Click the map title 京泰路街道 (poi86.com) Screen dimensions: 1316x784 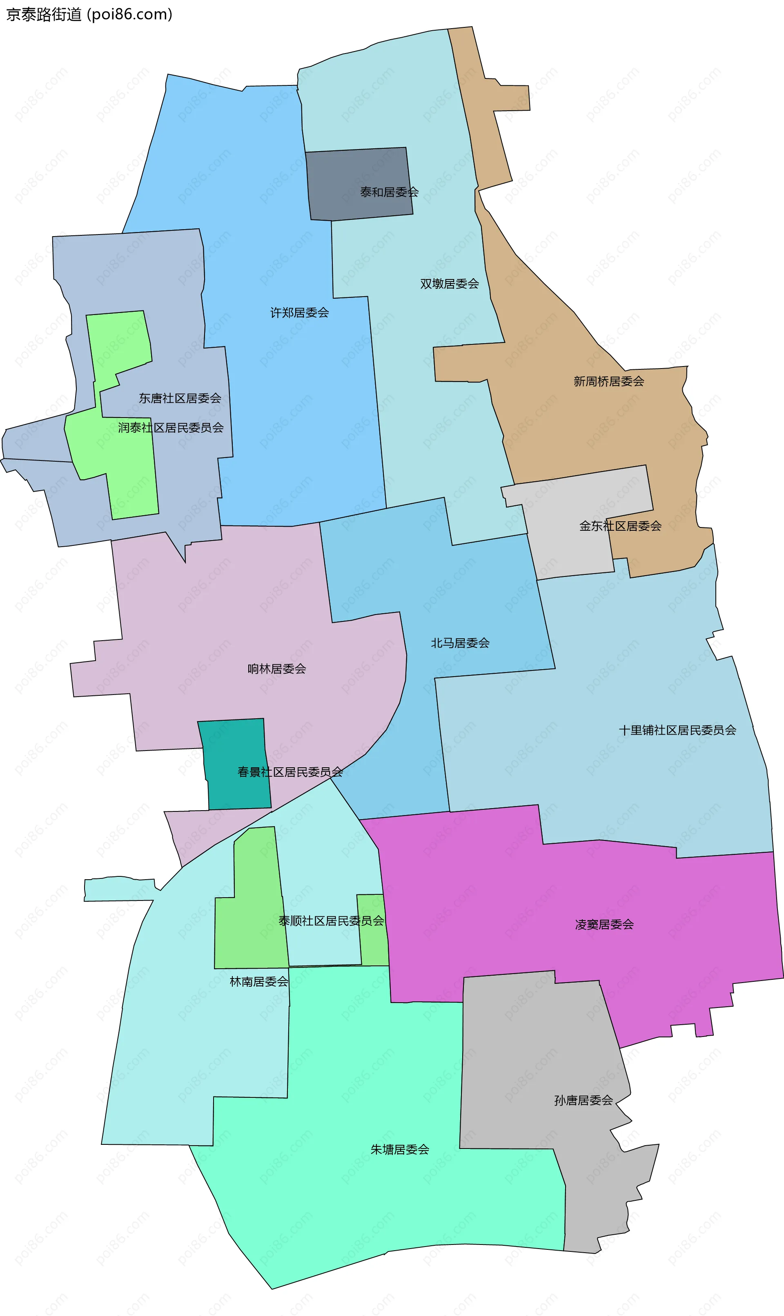(89, 14)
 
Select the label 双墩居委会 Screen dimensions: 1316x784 (449, 284)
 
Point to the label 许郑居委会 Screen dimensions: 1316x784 (300, 313)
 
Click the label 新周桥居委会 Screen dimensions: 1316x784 (608, 381)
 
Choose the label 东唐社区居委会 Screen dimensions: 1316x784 (180, 398)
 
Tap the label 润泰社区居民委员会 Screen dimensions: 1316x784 (171, 428)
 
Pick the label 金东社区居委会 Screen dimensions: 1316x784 (620, 526)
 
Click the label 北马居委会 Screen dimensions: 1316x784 (460, 643)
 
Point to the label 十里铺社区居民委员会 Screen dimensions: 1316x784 (677, 730)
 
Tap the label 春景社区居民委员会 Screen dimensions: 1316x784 (290, 772)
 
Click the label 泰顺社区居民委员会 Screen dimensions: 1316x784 (331, 921)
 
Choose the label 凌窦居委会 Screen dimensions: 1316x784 (604, 924)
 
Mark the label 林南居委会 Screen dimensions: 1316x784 (259, 981)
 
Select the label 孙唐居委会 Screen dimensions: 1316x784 (583, 1100)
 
